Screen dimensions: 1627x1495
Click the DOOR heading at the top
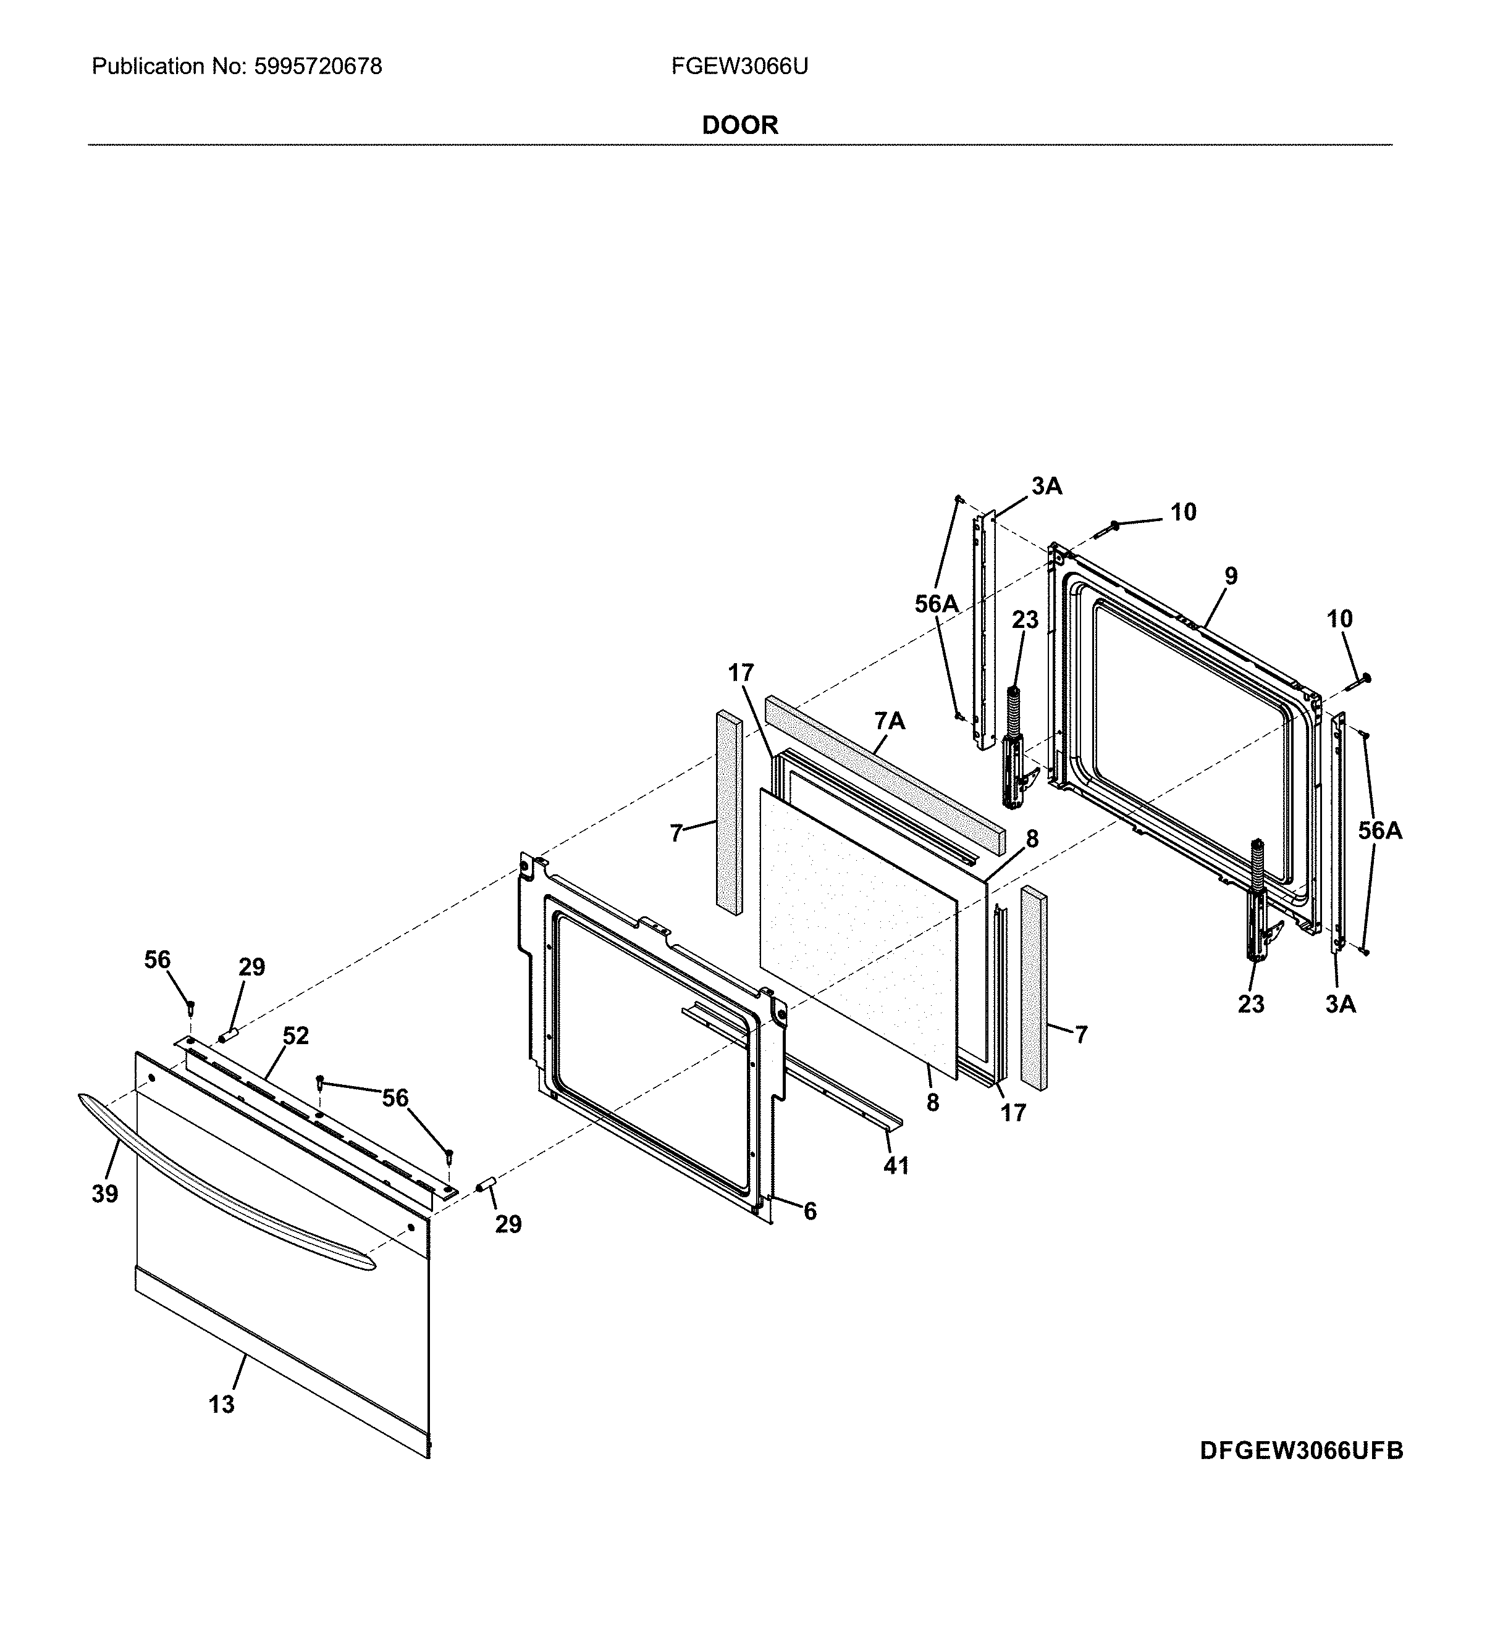click(739, 125)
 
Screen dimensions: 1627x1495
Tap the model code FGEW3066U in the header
click(739, 66)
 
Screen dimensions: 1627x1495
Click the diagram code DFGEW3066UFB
click(1301, 1473)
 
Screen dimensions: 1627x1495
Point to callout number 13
click(221, 1405)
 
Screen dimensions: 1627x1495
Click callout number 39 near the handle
click(104, 1194)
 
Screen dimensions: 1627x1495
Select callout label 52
click(295, 1036)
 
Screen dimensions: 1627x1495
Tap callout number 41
click(896, 1165)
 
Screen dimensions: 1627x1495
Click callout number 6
click(810, 1211)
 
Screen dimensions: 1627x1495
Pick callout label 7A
click(889, 721)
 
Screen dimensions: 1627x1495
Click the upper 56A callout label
click(936, 603)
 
